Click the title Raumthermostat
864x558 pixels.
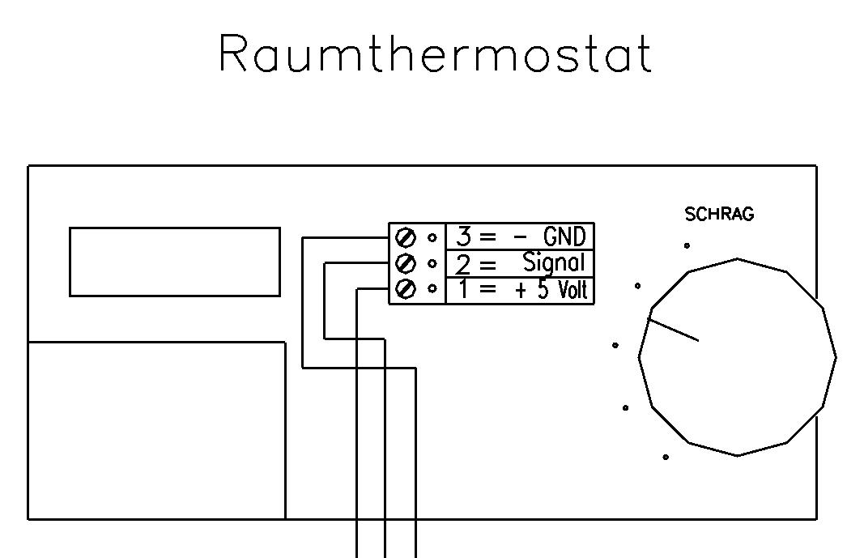[x=435, y=55]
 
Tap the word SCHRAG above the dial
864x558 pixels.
[x=719, y=215]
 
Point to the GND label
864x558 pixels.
[x=564, y=237]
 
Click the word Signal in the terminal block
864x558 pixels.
[x=553, y=263]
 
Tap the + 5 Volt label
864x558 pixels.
[x=551, y=289]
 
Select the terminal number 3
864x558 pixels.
[x=463, y=237]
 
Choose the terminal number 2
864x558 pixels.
[x=463, y=264]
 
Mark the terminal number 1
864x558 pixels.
[x=463, y=290]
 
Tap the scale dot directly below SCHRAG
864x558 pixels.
[x=687, y=245]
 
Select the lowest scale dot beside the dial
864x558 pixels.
[x=666, y=458]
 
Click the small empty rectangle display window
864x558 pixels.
[x=175, y=262]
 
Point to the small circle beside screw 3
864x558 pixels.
[x=432, y=237]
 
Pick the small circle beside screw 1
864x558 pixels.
[x=432, y=288]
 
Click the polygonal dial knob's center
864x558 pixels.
[x=737, y=357]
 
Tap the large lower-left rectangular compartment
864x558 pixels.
[x=156, y=430]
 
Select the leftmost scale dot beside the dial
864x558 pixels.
[x=615, y=345]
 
